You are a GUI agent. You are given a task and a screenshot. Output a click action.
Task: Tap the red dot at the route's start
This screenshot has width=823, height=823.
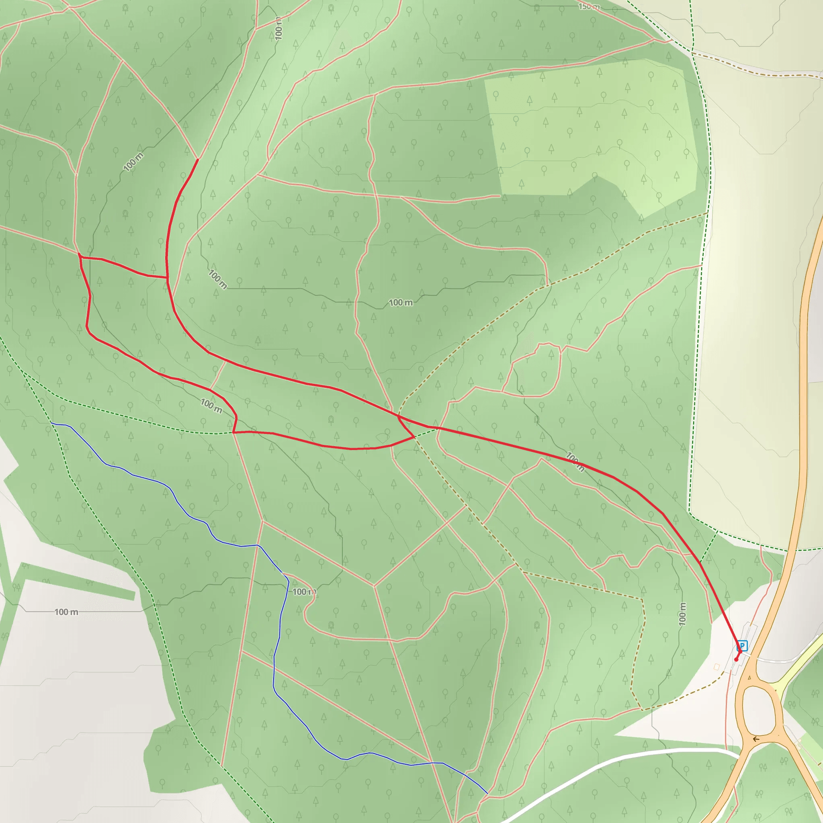pos(736,659)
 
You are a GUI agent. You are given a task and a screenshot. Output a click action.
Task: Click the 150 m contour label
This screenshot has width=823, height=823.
pos(589,6)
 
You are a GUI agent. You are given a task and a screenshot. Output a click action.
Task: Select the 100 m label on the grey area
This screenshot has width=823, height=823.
pos(66,612)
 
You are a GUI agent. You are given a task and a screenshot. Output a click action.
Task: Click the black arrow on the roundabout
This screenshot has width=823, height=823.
pos(756,739)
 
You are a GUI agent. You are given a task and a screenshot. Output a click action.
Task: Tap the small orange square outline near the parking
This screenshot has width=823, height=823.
pos(717,667)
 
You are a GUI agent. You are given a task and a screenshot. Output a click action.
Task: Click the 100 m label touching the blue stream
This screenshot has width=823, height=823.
pos(304,592)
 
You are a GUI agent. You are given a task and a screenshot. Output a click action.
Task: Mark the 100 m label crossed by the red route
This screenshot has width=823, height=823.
pos(575,462)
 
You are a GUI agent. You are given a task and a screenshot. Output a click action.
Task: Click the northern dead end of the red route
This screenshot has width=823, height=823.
pos(198,159)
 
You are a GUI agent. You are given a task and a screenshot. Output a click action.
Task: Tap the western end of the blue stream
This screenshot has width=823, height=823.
pos(51,423)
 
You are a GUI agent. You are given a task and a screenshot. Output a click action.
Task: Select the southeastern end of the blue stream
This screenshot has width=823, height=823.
pos(487,793)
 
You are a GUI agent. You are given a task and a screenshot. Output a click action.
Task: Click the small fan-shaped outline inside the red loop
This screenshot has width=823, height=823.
pos(383,438)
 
